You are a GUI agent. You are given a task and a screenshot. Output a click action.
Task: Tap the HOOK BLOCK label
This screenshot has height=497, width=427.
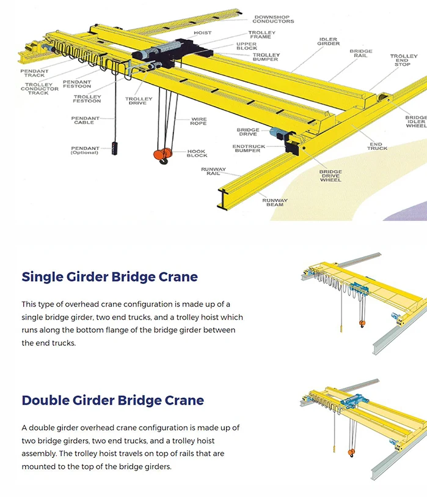pyautogui.click(x=197, y=153)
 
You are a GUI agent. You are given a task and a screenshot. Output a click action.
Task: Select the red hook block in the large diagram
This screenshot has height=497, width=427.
pyautogui.click(x=162, y=155)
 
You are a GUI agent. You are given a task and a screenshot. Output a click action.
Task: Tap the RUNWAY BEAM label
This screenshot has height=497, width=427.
pyautogui.click(x=274, y=202)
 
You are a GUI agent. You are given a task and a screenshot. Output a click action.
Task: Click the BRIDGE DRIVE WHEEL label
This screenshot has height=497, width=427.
pyautogui.click(x=330, y=176)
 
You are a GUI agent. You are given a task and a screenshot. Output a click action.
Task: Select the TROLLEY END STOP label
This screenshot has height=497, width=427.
pyautogui.click(x=404, y=59)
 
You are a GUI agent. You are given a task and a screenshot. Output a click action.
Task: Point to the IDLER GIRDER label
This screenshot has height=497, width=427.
pyautogui.click(x=328, y=42)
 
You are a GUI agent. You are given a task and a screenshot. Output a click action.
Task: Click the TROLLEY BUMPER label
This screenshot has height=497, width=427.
pyautogui.click(x=266, y=57)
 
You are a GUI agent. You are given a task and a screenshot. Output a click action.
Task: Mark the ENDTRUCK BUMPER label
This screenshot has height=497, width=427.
pyautogui.click(x=247, y=148)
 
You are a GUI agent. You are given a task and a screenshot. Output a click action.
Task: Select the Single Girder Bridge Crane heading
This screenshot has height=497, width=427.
pyautogui.click(x=109, y=277)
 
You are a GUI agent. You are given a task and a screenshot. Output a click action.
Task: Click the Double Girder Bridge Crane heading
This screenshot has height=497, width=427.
pyautogui.click(x=112, y=400)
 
